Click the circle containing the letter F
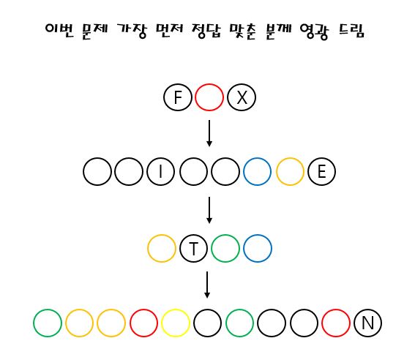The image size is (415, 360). pyautogui.click(x=164, y=97)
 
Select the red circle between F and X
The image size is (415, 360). pyautogui.click(x=195, y=97)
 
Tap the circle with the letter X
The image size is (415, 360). pyautogui.click(x=228, y=97)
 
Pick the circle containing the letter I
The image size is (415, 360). pyautogui.click(x=147, y=172)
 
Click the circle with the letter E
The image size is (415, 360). pyautogui.click(x=308, y=172)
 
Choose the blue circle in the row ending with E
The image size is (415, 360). pyautogui.click(x=244, y=172)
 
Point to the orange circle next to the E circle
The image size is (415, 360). pyautogui.click(x=277, y=172)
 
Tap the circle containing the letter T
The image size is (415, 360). pyautogui.click(x=180, y=248)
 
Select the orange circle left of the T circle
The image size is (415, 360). pyautogui.click(x=148, y=248)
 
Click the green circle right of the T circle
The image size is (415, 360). pyautogui.click(x=212, y=248)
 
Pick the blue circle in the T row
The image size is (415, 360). pyautogui.click(x=244, y=248)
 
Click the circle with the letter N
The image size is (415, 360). pyautogui.click(x=354, y=323)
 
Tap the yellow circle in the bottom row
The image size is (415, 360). pyautogui.click(x=162, y=323)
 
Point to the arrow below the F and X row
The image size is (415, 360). pyautogui.click(x=209, y=133)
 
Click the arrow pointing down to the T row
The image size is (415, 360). pyautogui.click(x=209, y=210)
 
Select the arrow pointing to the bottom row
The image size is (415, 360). pyautogui.click(x=207, y=285)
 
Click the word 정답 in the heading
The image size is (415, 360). pyautogui.click(x=206, y=31)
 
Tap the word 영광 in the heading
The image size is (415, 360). pyautogui.click(x=315, y=31)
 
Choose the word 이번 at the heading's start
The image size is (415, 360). pyautogui.click(x=59, y=31)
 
